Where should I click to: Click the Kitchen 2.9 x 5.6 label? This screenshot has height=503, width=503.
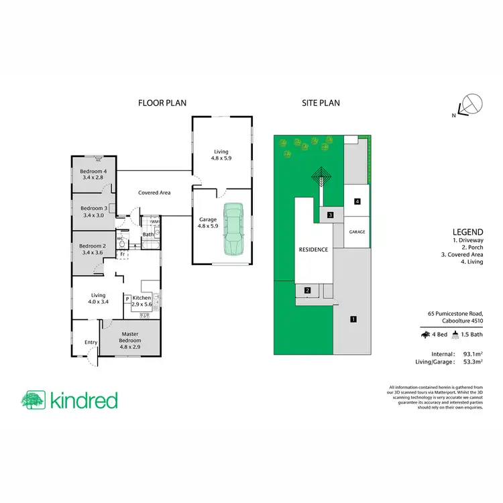(x=142, y=301)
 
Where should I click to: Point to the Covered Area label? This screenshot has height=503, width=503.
(x=154, y=192)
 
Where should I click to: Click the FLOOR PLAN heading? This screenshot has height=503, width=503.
(x=162, y=103)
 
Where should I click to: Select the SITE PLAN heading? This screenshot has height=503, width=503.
(x=321, y=103)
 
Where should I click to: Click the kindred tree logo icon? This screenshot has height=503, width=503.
(x=32, y=400)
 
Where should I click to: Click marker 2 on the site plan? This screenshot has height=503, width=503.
(x=307, y=290)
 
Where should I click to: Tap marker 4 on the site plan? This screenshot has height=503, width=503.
(x=357, y=201)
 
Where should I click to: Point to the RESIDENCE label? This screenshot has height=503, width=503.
(x=313, y=249)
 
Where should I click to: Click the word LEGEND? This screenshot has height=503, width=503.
(x=467, y=231)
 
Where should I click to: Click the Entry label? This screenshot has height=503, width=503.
(x=91, y=343)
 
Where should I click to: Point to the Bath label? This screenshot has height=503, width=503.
(x=148, y=235)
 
